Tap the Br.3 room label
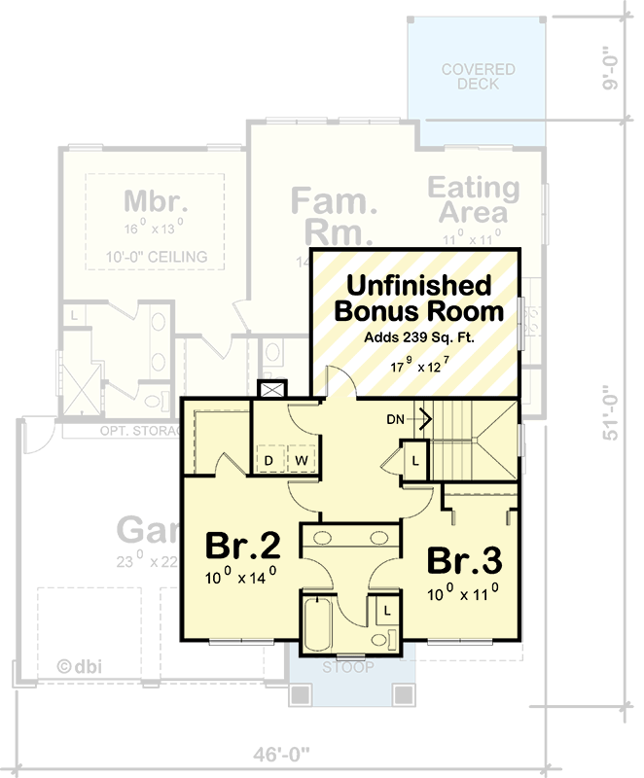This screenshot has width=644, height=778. pyautogui.click(x=464, y=561)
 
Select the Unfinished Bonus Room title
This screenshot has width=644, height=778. pyautogui.click(x=418, y=299)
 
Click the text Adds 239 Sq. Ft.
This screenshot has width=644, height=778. pyautogui.click(x=417, y=338)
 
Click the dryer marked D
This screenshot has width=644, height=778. pyautogui.click(x=268, y=459)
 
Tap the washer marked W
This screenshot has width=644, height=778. pyautogui.click(x=301, y=459)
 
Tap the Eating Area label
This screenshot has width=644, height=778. pyautogui.click(x=474, y=198)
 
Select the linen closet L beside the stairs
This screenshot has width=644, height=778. pyautogui.click(x=415, y=458)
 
